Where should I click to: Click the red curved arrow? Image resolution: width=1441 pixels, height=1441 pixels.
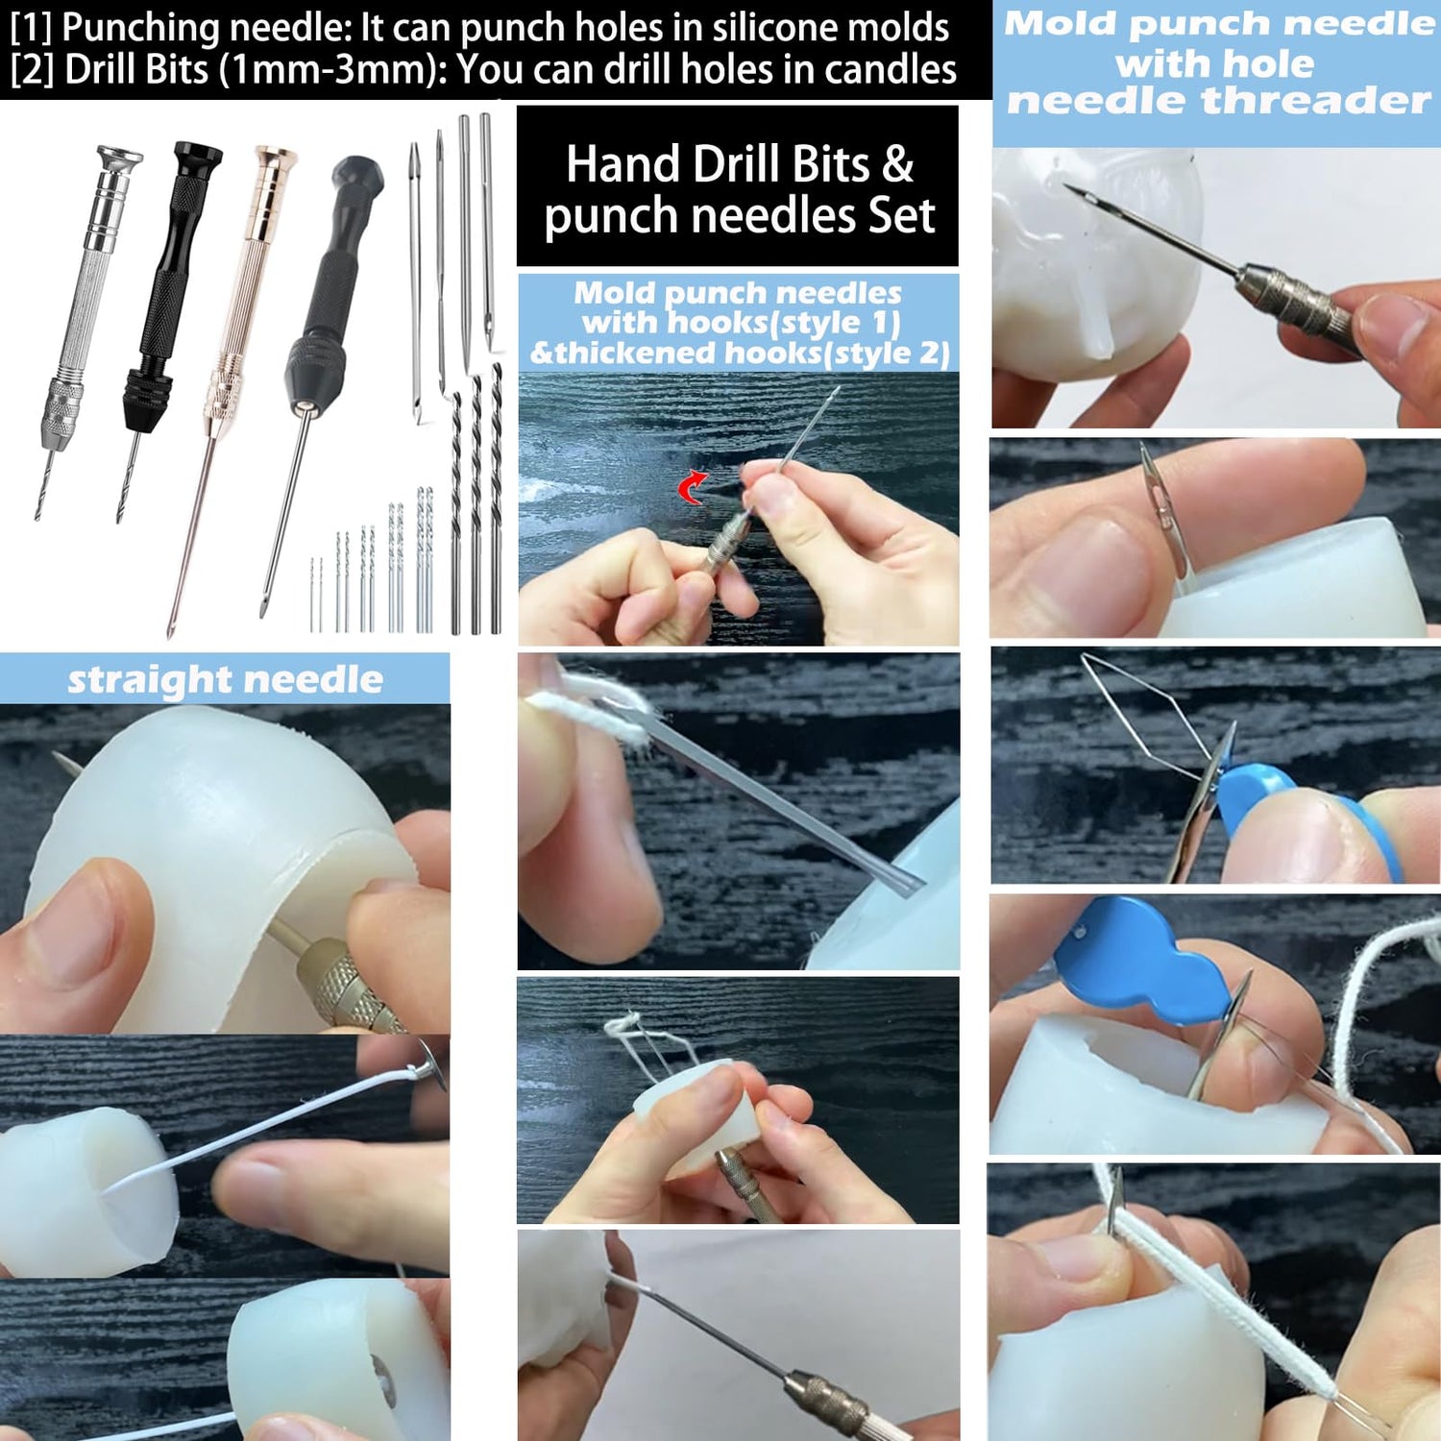click(692, 487)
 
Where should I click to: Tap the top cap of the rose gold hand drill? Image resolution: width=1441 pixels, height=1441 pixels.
click(275, 158)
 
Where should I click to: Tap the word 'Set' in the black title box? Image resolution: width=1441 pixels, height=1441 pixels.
click(901, 215)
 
